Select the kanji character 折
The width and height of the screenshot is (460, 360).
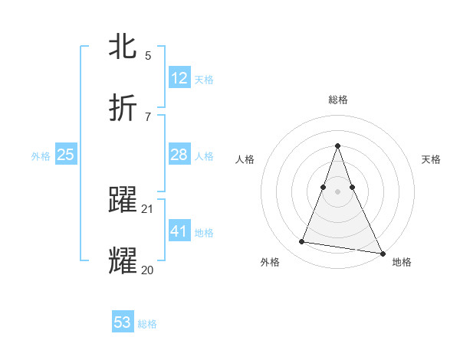123,107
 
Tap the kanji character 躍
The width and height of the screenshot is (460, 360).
123,199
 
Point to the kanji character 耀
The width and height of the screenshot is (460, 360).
123,260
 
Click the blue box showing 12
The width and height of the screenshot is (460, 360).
179,77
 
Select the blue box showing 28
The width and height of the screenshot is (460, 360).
179,155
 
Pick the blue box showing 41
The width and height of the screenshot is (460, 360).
179,231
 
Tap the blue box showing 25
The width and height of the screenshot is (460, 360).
66,155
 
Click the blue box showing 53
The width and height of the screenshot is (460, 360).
123,322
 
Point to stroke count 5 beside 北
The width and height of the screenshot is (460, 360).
148,56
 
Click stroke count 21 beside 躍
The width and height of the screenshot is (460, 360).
148,208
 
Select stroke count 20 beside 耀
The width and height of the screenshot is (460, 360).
148,269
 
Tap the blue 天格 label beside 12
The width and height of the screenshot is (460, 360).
204,79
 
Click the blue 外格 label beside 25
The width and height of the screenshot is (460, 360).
41,156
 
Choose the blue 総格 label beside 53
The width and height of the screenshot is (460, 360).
147,324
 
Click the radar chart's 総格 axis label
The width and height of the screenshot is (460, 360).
338,100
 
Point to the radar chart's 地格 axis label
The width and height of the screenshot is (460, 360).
402,262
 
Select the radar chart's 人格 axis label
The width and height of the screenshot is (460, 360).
245,159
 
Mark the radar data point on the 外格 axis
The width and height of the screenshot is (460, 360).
301,242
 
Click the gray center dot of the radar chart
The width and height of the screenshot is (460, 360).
338,191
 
